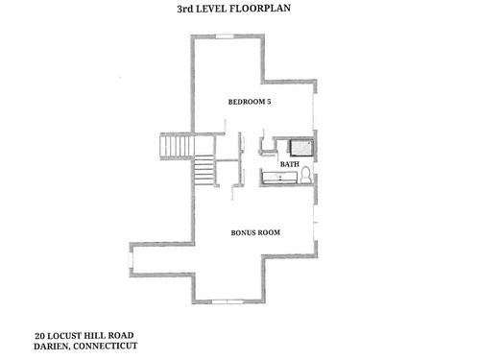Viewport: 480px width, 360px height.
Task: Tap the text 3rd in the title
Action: pos(185,9)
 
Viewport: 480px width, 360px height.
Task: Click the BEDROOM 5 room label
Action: pos(250,102)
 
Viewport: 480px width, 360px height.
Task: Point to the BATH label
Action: pos(290,164)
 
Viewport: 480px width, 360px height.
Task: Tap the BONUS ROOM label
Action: pos(255,232)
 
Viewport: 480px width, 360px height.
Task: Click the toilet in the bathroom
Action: pos(306,175)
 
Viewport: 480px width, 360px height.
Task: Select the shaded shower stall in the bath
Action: pos(301,148)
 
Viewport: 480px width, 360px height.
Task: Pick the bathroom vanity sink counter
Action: pos(279,177)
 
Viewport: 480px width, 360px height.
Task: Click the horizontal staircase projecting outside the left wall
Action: pos(177,147)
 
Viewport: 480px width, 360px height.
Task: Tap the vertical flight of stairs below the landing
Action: pos(204,170)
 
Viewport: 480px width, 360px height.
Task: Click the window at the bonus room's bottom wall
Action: pos(227,301)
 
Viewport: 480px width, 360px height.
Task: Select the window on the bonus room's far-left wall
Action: pos(131,259)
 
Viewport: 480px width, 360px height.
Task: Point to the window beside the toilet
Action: pos(315,168)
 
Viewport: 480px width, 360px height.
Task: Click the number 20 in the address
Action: pos(39,336)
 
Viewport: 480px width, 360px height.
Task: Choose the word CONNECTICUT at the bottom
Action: pos(106,346)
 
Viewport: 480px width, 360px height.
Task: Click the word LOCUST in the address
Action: pos(63,336)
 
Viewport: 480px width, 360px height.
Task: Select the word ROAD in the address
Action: pos(121,335)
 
